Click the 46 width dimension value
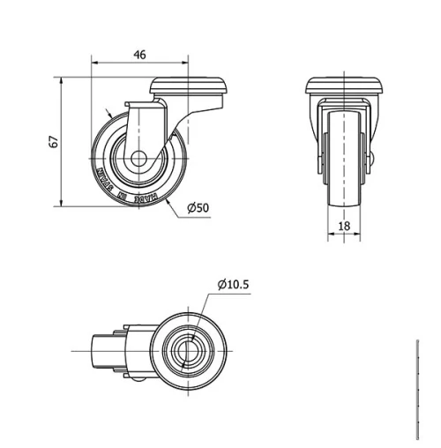point(139,54)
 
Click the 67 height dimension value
point(54,142)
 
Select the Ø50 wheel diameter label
point(198,208)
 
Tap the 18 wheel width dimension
point(344,226)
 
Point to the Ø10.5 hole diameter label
point(234,284)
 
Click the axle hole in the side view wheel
point(140,161)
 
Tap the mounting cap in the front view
point(345,86)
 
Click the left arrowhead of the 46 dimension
point(95,63)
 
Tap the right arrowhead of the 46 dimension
point(184,63)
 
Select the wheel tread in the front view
point(344,159)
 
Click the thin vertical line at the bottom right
point(416,388)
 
